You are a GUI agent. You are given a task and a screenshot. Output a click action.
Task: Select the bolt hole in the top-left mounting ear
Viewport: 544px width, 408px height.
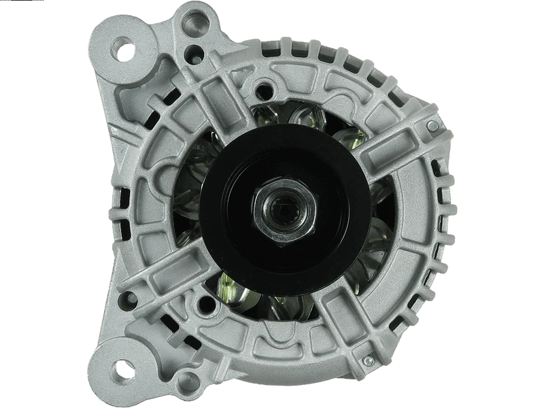124,50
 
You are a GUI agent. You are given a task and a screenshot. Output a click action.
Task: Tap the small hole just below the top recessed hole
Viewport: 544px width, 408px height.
197,50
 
